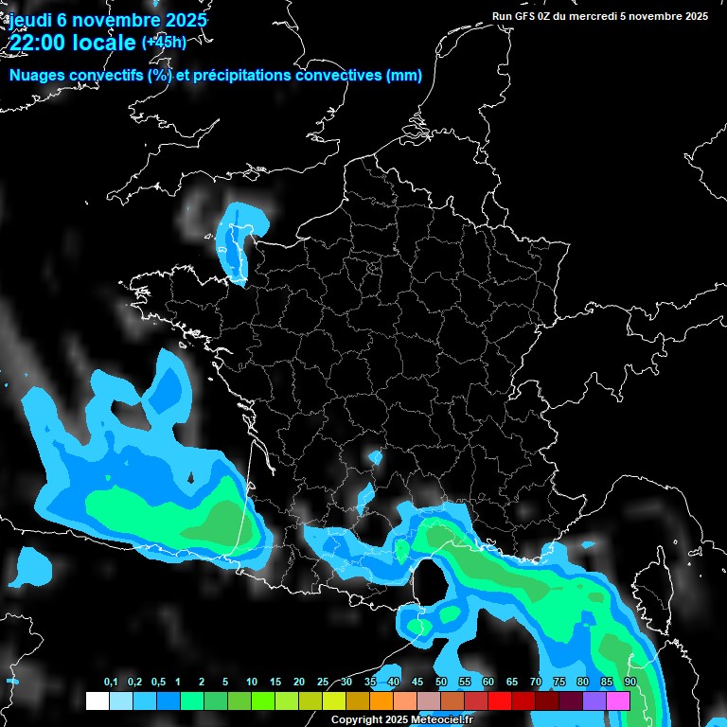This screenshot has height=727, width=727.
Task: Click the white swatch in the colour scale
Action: [98, 700]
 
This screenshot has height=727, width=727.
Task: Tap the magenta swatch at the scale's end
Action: [618, 700]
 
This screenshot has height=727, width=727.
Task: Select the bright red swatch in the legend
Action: [500, 700]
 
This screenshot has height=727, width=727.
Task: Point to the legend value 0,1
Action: [111, 683]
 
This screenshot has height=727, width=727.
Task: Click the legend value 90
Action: [629, 683]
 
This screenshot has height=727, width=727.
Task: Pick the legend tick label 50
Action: [441, 683]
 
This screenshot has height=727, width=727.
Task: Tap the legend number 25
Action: [323, 683]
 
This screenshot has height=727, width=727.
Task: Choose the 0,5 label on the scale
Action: [158, 683]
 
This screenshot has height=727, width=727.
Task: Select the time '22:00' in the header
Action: [40, 43]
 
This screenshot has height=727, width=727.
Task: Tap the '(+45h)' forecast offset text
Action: [165, 43]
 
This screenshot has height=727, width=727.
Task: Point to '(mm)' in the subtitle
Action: [404, 76]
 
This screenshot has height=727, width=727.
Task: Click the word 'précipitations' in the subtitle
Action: [235, 76]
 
